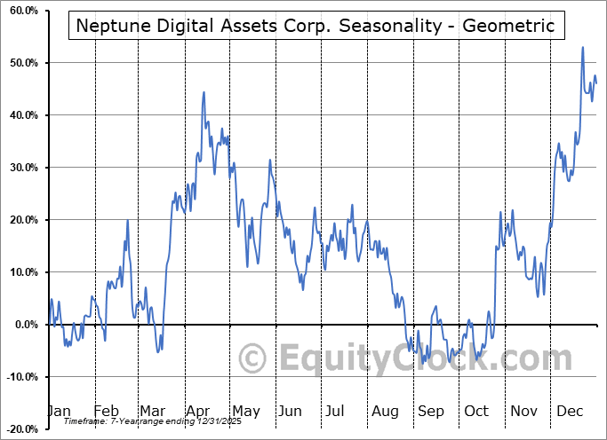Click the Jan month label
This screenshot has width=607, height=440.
pyautogui.click(x=58, y=412)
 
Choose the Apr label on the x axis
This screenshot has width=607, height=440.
pyautogui.click(x=196, y=412)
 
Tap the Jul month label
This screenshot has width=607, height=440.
pyautogui.click(x=334, y=412)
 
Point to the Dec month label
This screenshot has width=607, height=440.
pyautogui.click(x=569, y=412)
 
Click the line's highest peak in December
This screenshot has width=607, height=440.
pyautogui.click(x=583, y=47)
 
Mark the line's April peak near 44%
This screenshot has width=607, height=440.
pyautogui.click(x=204, y=91)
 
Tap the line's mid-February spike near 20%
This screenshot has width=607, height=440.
pyautogui.click(x=127, y=220)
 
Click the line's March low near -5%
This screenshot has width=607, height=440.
pyautogui.click(x=158, y=351)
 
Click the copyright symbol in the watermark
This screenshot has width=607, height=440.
pyautogui.click(x=254, y=359)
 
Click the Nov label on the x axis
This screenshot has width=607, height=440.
pyautogui.click(x=523, y=412)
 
